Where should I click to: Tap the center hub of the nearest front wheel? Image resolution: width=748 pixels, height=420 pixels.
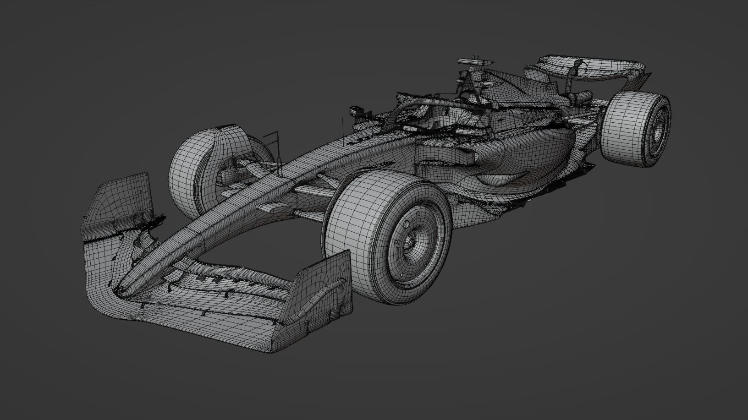pyautogui.click(x=412, y=242)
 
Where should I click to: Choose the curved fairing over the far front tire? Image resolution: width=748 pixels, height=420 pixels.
pyautogui.click(x=229, y=137)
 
